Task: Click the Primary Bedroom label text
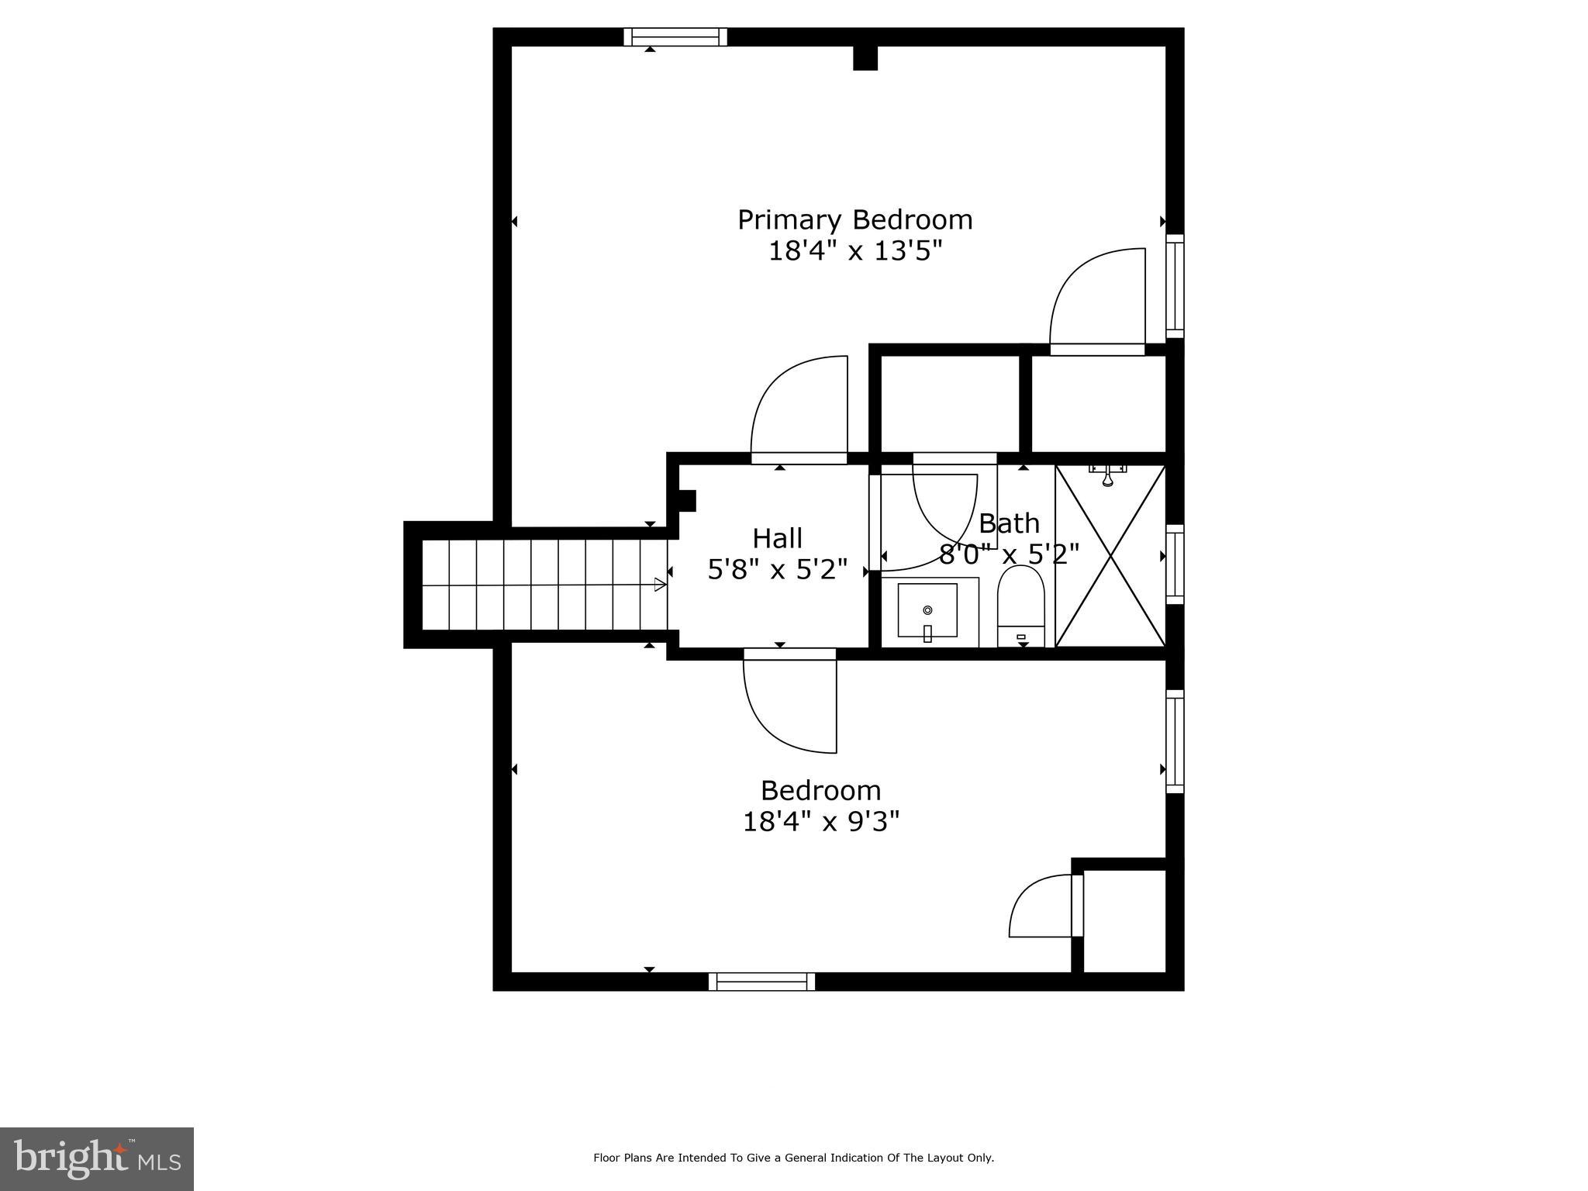tap(854, 220)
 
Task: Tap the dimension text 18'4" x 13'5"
tap(854, 251)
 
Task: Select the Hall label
tap(777, 538)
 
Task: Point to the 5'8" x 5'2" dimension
tap(777, 570)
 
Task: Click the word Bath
tap(1009, 524)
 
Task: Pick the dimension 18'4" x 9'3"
tap(820, 822)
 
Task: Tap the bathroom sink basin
tap(927, 609)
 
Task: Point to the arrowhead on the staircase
tap(660, 585)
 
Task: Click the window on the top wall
tap(675, 36)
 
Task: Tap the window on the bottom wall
tap(761, 982)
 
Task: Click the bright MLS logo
tap(97, 1158)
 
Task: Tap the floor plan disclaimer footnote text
tap(793, 1158)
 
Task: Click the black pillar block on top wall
tap(865, 58)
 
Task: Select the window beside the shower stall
tap(1175, 564)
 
